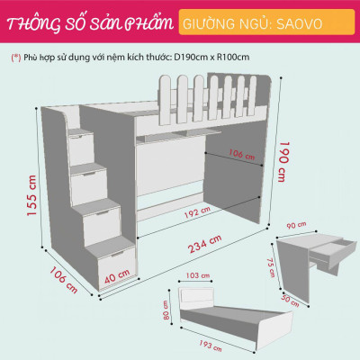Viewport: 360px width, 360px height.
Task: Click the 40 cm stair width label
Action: coord(113,275)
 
